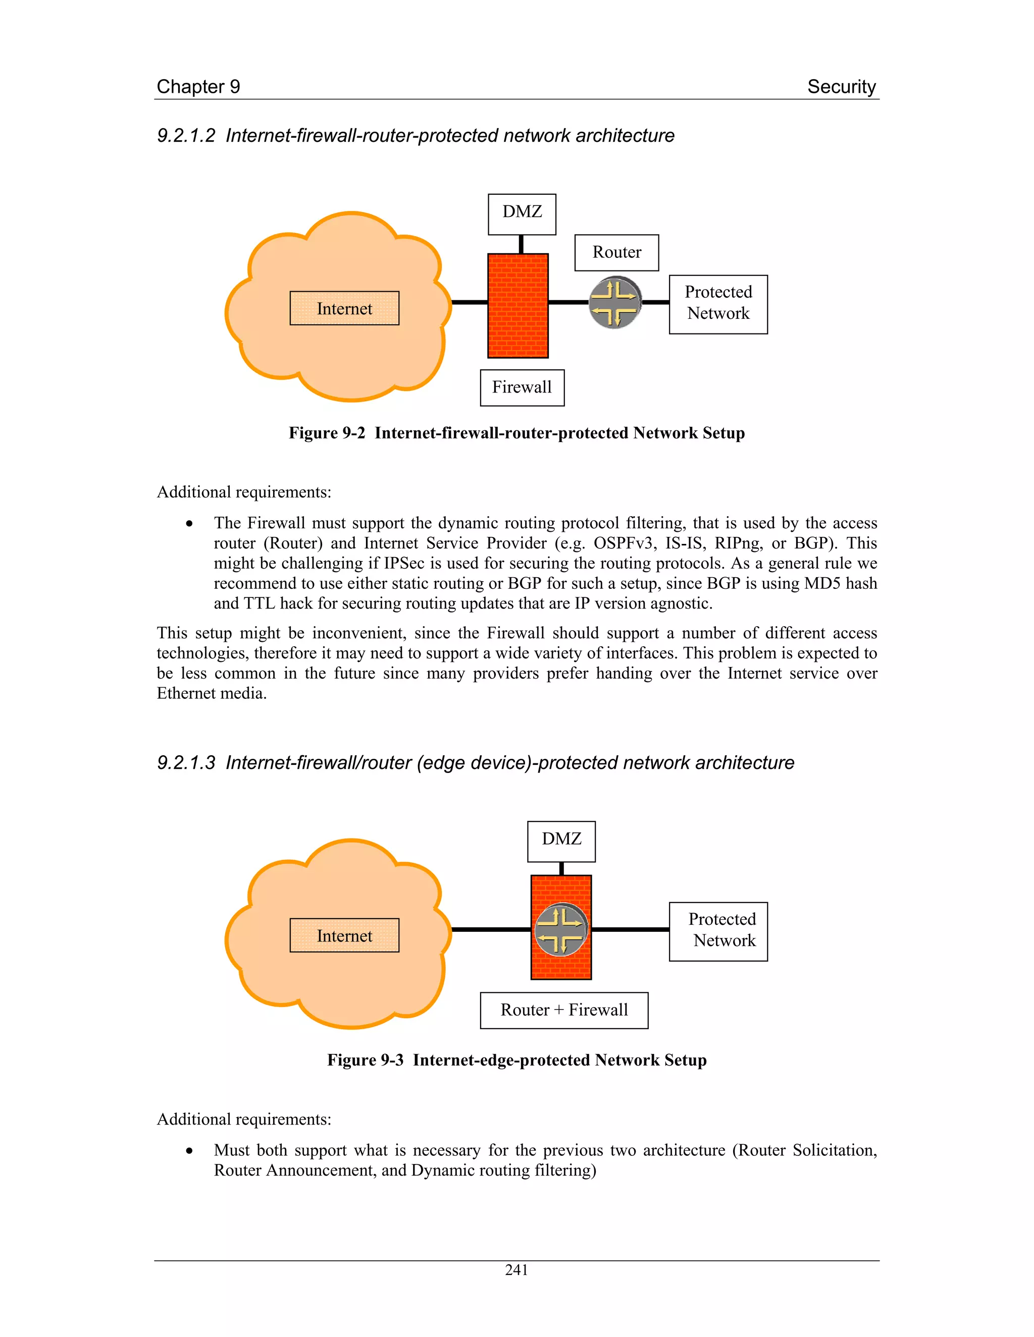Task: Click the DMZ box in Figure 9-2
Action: tap(522, 214)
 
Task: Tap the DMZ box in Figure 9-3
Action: tap(561, 841)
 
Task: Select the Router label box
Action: tap(616, 252)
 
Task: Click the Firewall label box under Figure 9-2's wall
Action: tap(522, 387)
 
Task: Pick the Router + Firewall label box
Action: tap(563, 1010)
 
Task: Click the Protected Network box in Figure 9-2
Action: tap(718, 304)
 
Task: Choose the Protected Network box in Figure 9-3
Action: tap(718, 931)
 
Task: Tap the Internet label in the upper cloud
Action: tap(344, 309)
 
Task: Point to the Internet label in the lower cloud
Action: tap(344, 935)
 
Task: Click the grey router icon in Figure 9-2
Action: tap(615, 302)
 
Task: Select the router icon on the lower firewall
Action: tap(561, 929)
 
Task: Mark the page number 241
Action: tap(516, 1270)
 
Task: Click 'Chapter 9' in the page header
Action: tap(198, 87)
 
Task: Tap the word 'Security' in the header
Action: tap(841, 87)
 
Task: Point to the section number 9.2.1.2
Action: tap(186, 136)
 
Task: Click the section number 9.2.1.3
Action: tap(186, 763)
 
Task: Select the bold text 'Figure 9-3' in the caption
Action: tap(365, 1061)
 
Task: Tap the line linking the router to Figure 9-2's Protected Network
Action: tap(655, 302)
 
